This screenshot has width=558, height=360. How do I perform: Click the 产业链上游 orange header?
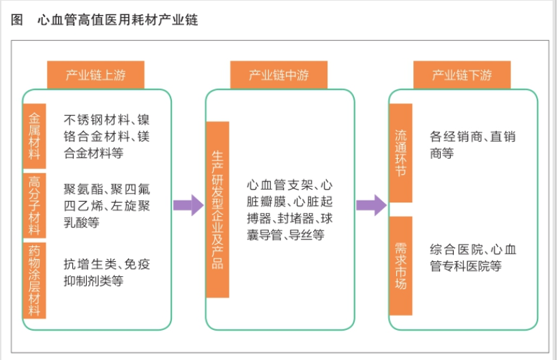[x=96, y=75]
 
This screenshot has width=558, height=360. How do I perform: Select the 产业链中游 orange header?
[x=278, y=75]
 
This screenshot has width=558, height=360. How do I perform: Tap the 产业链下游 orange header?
[x=462, y=75]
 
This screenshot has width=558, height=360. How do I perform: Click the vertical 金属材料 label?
[x=35, y=136]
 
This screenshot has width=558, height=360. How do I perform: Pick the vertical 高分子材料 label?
[x=35, y=205]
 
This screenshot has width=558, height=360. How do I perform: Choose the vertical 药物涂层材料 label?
[x=35, y=280]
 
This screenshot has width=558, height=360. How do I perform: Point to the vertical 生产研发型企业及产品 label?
[x=218, y=209]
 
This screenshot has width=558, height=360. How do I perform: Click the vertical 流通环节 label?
[x=400, y=153]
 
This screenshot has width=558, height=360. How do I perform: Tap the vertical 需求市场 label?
[x=400, y=266]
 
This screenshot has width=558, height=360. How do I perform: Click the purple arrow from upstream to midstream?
[x=188, y=205]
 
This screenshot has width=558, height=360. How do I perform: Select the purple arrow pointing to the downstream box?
[x=372, y=205]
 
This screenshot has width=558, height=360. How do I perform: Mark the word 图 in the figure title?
[x=17, y=20]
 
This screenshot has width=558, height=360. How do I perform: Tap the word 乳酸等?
[x=81, y=222]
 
